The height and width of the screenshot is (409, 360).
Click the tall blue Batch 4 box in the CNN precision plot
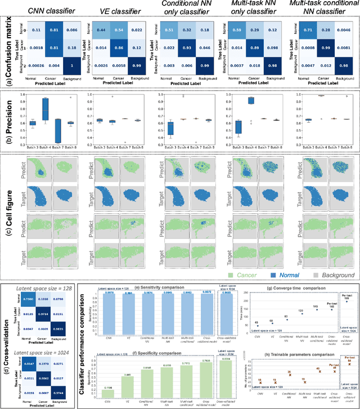(45, 106)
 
